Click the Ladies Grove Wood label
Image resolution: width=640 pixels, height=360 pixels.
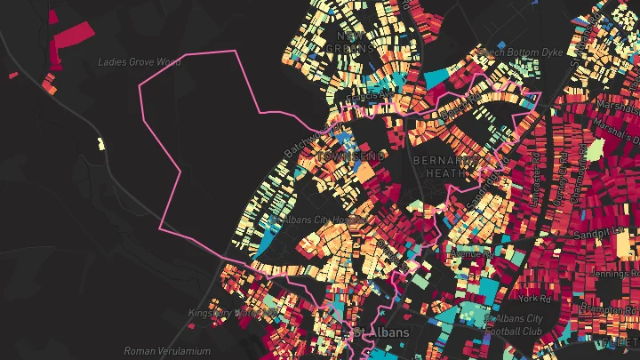pos(138,62)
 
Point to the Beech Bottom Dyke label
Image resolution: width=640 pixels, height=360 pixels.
pos(524,52)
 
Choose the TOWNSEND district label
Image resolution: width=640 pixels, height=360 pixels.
pos(353,156)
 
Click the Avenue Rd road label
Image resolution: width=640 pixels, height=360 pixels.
pos(471,254)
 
